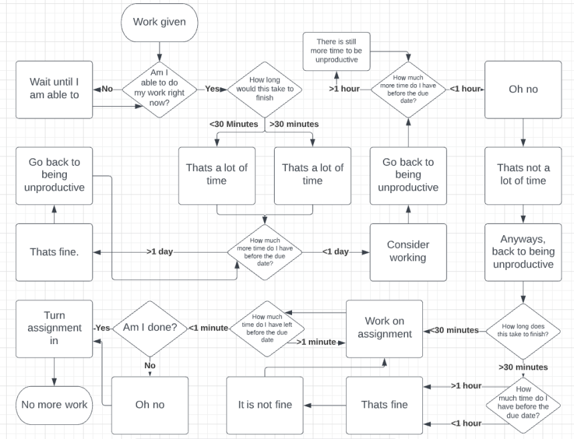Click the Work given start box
[159, 21]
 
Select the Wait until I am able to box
[54, 89]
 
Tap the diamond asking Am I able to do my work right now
[159, 89]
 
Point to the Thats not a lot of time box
[523, 174]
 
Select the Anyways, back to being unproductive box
[523, 252]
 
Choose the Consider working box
[408, 252]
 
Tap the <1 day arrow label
[335, 252]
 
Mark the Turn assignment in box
[54, 328]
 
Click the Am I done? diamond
[150, 328]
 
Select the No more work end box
[54, 405]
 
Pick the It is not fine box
[265, 405]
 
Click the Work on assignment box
[384, 328]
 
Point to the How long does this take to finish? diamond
[523, 329]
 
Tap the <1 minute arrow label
[209, 328]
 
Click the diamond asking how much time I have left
[266, 328]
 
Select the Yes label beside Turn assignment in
[102, 328]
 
